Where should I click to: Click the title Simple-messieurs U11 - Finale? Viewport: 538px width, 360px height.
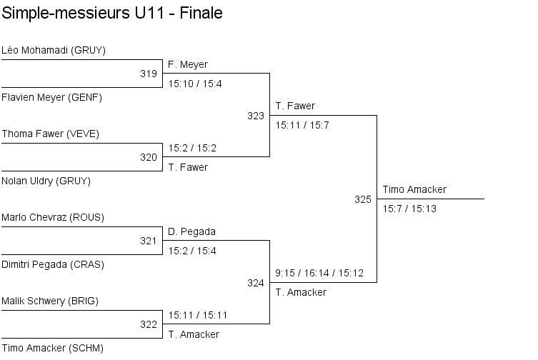coord(112,14)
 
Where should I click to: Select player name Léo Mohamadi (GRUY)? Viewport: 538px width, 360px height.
coord(54,51)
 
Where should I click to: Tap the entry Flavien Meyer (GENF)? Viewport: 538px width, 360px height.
coord(52,97)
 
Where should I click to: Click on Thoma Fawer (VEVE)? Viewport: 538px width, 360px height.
coord(51,134)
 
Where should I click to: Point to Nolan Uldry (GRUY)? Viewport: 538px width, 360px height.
coord(46,181)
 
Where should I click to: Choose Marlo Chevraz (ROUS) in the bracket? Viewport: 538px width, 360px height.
coord(53,218)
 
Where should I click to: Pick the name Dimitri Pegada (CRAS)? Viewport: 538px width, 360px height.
coord(53,264)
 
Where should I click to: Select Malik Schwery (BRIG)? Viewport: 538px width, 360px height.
coord(50,301)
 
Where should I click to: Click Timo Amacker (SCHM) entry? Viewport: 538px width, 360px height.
coord(52,348)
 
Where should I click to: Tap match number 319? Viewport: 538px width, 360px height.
coord(149,74)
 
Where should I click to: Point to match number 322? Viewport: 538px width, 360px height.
coord(149,324)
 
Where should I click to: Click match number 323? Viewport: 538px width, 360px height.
coord(256,116)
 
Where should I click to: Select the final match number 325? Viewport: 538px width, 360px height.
coord(363,199)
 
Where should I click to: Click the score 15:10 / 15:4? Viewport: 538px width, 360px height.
coord(195,84)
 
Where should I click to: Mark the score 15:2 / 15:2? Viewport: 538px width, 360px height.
coord(192,148)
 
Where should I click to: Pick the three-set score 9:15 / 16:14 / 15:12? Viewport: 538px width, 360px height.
coord(319,273)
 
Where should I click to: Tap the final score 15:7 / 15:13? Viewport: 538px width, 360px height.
coord(409,209)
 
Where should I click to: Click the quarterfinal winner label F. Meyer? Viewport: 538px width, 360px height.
coord(188,64)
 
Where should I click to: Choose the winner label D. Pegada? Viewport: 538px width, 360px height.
coord(191,231)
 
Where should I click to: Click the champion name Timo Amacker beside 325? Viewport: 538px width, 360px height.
coord(414,189)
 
